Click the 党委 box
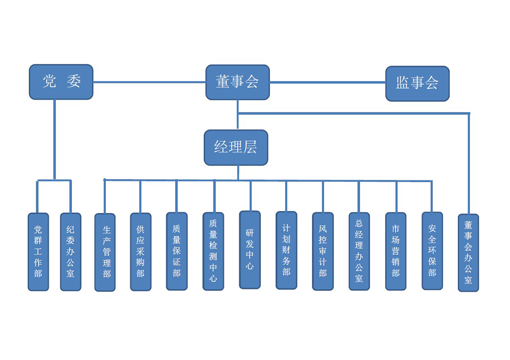[x=61, y=82]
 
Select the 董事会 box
[x=237, y=82]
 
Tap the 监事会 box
[x=417, y=83]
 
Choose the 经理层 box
[x=236, y=148]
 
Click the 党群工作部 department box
[x=38, y=252]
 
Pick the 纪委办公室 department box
[x=71, y=252]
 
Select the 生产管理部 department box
[x=105, y=252]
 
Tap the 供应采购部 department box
[x=141, y=252]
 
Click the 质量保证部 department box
[x=177, y=251]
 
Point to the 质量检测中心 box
[x=213, y=251]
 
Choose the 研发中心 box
[x=250, y=250]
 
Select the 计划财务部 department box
[x=286, y=250]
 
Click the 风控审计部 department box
[x=323, y=251]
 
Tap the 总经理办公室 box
[x=359, y=251]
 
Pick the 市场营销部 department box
[x=396, y=251]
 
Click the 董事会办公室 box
[x=468, y=252]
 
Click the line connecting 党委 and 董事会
[x=149, y=82]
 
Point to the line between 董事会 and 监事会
[x=328, y=82]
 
